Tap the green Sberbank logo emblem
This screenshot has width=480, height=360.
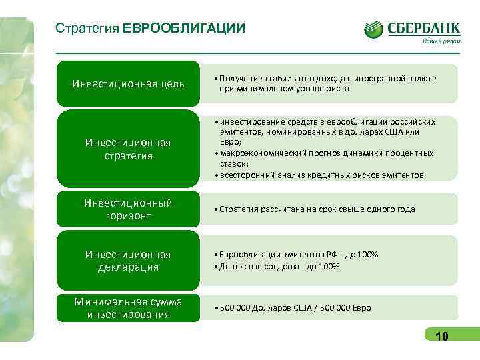(x=373, y=29)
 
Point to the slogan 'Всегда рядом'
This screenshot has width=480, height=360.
(x=440, y=41)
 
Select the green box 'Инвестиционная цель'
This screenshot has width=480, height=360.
(x=128, y=83)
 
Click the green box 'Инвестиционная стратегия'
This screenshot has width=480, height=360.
(x=128, y=149)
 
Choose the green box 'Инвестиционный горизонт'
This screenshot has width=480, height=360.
(x=128, y=209)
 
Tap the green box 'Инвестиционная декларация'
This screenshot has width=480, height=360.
(x=128, y=261)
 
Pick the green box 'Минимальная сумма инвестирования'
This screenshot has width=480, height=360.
(x=128, y=308)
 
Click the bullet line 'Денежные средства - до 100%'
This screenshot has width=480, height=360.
(x=275, y=267)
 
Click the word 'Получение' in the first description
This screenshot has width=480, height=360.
(x=237, y=79)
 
